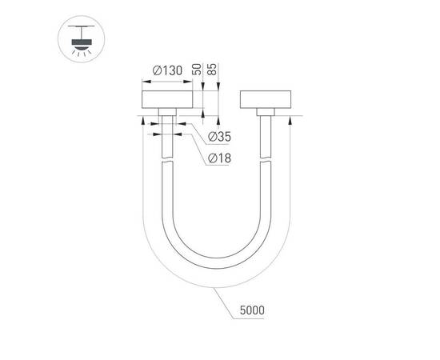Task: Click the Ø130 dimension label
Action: tap(167, 71)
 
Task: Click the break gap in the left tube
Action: tap(167, 159)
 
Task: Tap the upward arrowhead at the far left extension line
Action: tap(142, 122)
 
